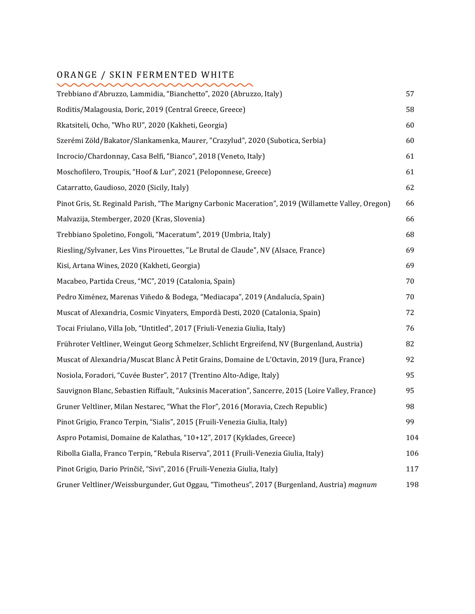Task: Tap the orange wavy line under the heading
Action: coord(155,85)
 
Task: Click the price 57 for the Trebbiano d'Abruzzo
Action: coord(410,94)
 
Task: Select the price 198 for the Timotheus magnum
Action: coord(412,484)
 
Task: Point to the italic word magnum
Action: coord(362,484)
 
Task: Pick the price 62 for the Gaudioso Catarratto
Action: coord(410,187)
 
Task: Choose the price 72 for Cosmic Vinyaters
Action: coord(410,312)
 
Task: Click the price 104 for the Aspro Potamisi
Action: coord(412,437)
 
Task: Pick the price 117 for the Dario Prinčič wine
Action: coord(412,469)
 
